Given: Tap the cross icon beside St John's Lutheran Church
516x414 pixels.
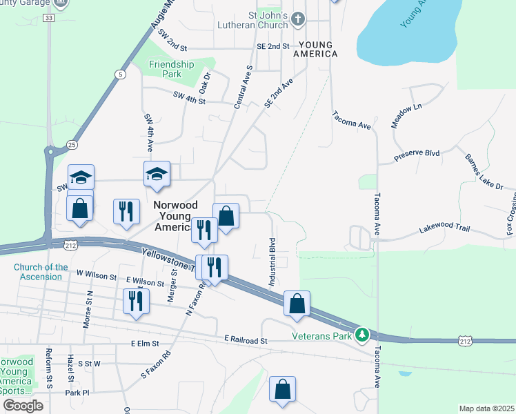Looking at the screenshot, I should [298, 18].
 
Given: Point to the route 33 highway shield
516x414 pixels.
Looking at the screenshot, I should [47, 18].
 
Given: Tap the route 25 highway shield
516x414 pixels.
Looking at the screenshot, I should [72, 144].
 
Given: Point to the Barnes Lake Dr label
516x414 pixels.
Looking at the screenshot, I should [484, 172].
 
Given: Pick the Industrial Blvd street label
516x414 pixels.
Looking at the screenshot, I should [272, 262].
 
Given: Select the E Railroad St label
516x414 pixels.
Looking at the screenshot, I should [246, 341].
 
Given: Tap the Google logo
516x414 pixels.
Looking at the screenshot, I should [23, 405].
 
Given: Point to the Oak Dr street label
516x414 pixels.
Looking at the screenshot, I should [204, 83].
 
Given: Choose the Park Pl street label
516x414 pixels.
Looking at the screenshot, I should [77, 393].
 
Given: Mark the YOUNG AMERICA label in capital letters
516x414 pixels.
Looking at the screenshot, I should [316, 49].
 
